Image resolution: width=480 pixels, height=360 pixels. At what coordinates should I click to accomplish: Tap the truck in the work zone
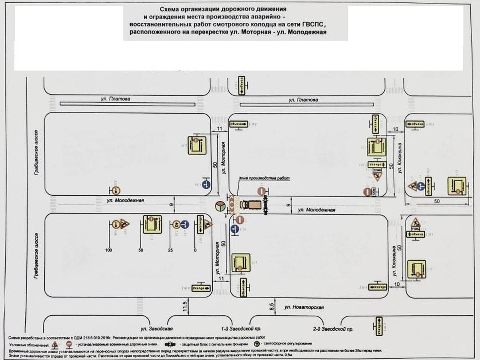250,204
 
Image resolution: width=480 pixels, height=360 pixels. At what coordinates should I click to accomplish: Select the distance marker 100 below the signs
108,250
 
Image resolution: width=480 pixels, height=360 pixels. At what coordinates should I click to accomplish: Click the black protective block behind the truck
266,204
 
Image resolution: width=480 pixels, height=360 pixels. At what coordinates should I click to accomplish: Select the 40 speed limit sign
176,224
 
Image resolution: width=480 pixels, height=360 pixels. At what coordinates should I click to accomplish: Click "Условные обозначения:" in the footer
28,344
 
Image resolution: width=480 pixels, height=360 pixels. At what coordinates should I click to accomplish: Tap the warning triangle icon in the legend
56,343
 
